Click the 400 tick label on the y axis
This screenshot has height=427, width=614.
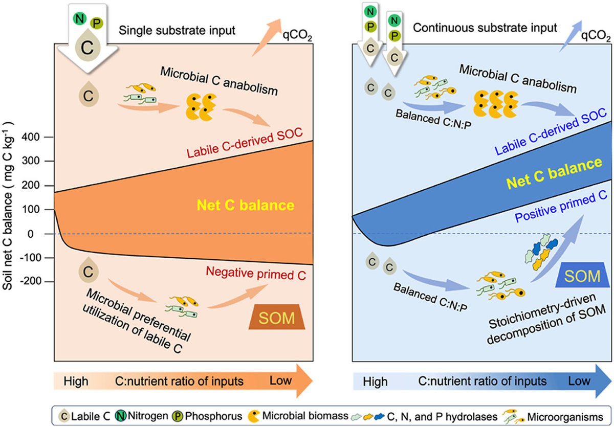click(32, 137)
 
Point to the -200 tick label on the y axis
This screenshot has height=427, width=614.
click(30, 281)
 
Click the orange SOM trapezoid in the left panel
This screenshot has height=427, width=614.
click(277, 317)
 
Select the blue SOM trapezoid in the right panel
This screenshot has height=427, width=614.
click(582, 275)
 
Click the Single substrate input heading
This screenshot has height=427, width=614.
click(177, 30)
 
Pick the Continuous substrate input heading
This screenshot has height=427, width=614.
click(485, 28)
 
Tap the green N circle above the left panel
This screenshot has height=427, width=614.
click(80, 18)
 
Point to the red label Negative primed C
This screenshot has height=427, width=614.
click(256, 274)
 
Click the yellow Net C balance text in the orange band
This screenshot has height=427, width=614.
click(246, 205)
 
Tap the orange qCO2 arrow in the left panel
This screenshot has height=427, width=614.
click(267, 37)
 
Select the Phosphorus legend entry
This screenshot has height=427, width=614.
click(207, 416)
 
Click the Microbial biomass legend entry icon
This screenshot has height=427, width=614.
click(254, 416)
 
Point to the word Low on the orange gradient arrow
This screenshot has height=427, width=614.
click(280, 380)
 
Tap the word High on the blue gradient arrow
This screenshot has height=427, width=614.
click(375, 381)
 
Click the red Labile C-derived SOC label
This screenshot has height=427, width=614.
click(245, 143)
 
